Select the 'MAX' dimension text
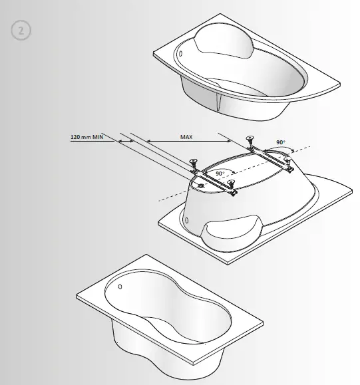pyautogui.click(x=187, y=137)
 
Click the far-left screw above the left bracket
pyautogui.click(x=194, y=161)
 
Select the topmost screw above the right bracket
pyautogui.click(x=250, y=138)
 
